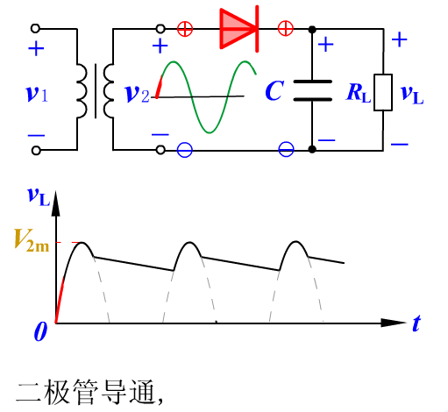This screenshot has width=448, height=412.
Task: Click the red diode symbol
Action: (x=239, y=29)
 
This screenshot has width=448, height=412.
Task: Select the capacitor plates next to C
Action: (x=312, y=90)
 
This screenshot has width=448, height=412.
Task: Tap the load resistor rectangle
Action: (x=383, y=92)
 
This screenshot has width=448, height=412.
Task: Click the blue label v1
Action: (x=37, y=94)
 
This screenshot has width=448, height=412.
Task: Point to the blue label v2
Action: (x=137, y=94)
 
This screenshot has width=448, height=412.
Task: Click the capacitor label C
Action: (x=274, y=90)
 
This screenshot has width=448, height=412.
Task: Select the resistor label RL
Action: (x=359, y=93)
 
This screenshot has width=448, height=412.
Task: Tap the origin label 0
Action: (x=40, y=331)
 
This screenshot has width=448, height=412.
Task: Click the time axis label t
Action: (x=416, y=323)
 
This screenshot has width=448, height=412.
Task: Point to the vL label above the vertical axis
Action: (x=39, y=196)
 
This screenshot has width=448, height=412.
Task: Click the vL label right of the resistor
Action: (x=412, y=95)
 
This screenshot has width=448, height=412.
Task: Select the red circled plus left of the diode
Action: (x=185, y=29)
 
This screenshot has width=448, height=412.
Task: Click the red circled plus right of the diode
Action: (x=286, y=29)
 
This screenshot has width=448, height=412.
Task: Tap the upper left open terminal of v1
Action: (x=35, y=28)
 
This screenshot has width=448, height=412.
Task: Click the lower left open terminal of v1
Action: (x=36, y=151)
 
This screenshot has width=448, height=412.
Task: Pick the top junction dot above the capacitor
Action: (x=312, y=29)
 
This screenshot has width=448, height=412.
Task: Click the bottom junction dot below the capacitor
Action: (x=312, y=150)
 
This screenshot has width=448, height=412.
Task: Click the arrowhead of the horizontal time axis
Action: (x=394, y=323)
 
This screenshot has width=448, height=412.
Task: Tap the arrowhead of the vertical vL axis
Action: (x=55, y=203)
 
